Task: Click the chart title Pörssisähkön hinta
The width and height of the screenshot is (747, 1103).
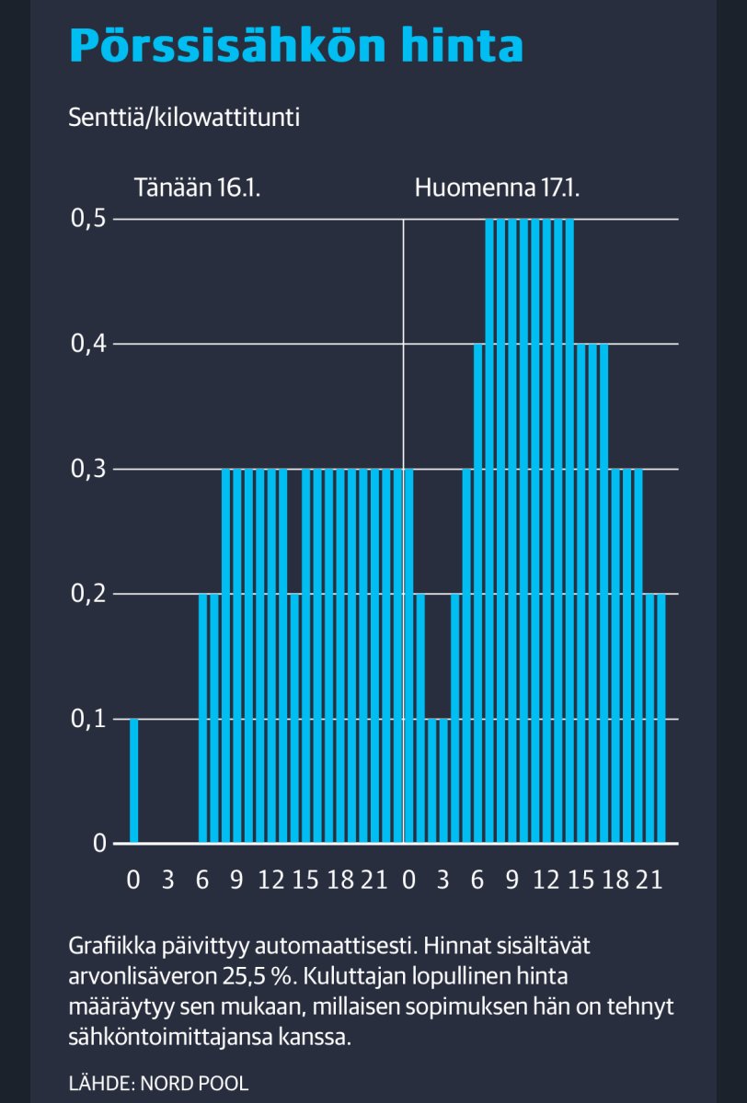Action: (296, 45)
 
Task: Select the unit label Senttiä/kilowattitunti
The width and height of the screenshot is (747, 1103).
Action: (184, 119)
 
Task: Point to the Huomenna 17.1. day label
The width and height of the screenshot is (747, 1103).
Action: (497, 189)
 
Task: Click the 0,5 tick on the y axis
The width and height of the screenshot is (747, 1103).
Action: (88, 220)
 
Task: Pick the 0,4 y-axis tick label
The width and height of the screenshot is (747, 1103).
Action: (88, 345)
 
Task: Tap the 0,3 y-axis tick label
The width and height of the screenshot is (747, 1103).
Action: (88, 470)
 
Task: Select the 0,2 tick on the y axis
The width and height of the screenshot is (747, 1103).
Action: (88, 595)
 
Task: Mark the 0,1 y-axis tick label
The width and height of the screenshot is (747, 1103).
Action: (88, 719)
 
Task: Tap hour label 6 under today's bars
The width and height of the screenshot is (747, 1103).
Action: (202, 881)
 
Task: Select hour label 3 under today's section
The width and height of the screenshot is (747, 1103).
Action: (167, 881)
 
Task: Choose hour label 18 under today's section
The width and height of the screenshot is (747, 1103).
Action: (339, 881)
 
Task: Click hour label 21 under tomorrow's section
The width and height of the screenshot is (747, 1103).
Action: (650, 881)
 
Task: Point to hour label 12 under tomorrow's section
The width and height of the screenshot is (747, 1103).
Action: (546, 881)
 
